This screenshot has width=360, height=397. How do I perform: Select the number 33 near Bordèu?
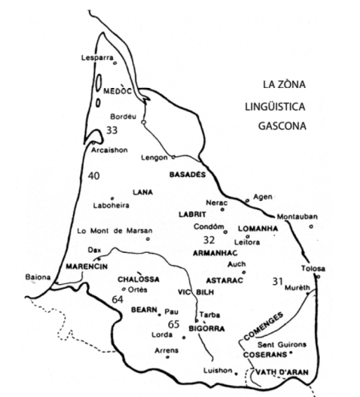[112, 130]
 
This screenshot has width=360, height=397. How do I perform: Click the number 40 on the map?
[94, 176]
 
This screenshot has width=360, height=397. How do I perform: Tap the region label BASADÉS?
[188, 174]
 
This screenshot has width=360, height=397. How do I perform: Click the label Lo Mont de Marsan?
[102, 231]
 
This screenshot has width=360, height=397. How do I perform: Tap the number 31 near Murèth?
[278, 280]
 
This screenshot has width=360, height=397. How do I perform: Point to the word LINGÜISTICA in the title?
[278, 106]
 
